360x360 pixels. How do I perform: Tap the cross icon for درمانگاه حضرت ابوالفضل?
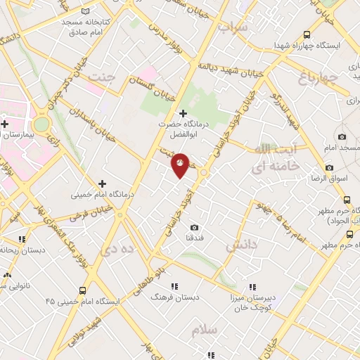coord(183,113)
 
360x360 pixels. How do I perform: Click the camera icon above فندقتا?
coord(194,227)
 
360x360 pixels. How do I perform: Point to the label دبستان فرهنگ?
coord(176,297)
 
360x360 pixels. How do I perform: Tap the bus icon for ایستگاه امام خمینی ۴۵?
coord(83,290)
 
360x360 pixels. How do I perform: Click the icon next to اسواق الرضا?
coord(329,168)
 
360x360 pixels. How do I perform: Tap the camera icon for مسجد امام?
coord(342,136)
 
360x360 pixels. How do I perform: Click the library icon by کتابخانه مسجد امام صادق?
coord(86,11)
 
